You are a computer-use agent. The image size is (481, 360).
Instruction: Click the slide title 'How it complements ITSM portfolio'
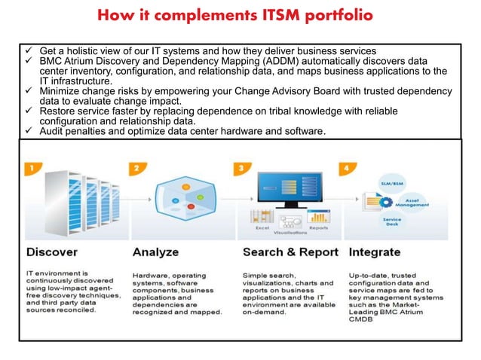point(240,17)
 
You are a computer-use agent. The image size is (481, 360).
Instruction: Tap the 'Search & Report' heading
point(289,251)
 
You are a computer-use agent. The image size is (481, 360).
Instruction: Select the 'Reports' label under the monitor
point(318,227)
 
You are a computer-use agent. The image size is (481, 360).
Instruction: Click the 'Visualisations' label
point(290,233)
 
